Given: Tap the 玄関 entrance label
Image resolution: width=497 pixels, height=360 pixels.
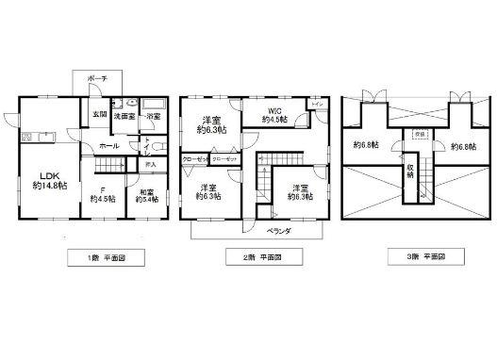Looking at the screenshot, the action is [x=99, y=115].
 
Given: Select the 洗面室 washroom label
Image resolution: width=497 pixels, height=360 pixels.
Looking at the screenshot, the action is [x=124, y=115].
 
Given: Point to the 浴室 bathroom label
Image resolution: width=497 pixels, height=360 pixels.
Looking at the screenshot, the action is [x=153, y=115].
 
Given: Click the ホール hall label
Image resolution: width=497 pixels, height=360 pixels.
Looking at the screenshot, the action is [x=108, y=147].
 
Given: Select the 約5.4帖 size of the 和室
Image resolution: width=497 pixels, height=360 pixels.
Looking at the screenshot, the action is [x=146, y=199].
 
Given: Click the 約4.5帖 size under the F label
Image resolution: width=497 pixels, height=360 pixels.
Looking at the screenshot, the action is [x=103, y=199].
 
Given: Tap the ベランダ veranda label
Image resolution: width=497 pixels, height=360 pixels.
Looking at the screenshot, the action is [x=275, y=230].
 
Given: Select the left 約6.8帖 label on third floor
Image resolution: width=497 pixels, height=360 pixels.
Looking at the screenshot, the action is [x=367, y=145].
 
